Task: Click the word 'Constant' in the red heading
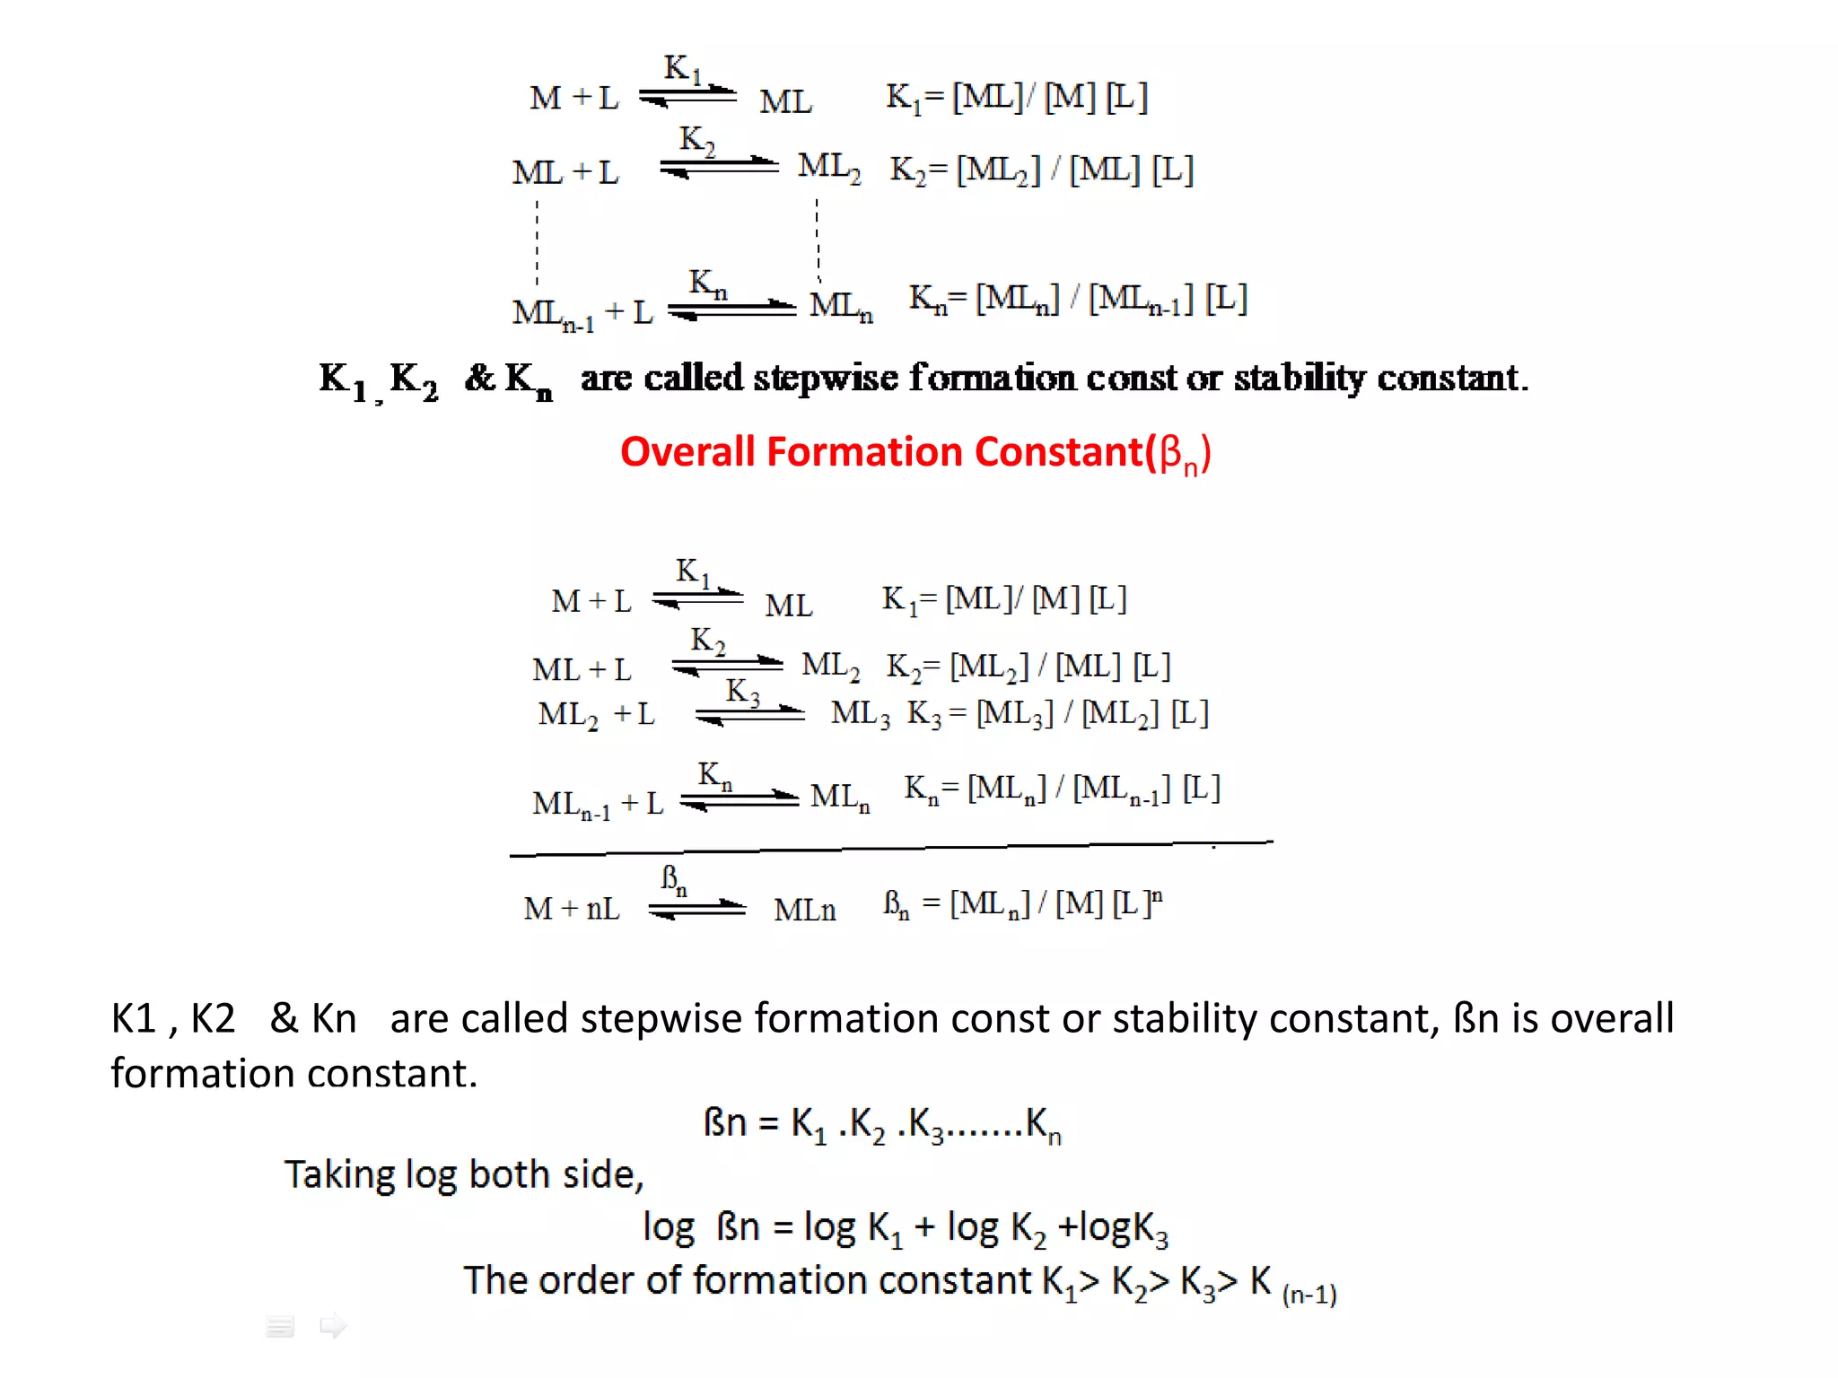coord(1059,451)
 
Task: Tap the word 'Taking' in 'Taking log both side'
coord(339,1174)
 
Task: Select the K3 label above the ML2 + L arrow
coord(742,692)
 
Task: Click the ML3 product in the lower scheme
coord(860,714)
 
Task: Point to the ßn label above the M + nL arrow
coord(674,879)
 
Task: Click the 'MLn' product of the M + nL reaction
coord(805,910)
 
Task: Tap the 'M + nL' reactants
coord(572,909)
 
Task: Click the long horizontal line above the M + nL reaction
coord(888,848)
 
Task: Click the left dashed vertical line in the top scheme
coord(538,242)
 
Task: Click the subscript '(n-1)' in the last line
coord(1309,1294)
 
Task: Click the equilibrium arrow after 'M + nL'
coord(697,910)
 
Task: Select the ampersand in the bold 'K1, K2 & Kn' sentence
coord(480,378)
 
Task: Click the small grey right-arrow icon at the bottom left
coord(333,1325)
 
